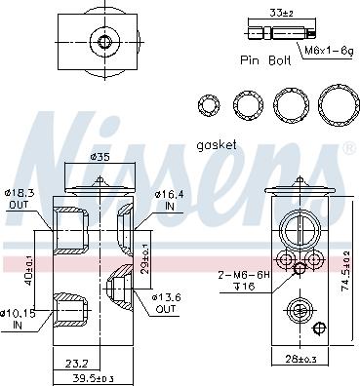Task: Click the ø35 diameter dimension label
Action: point(100,158)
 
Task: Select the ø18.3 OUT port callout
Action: point(20,199)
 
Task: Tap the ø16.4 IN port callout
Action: point(169,200)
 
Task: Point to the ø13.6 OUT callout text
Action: point(166,303)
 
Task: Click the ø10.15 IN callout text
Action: point(17,319)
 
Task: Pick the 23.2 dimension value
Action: point(77,364)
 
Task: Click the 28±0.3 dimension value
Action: point(300,359)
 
